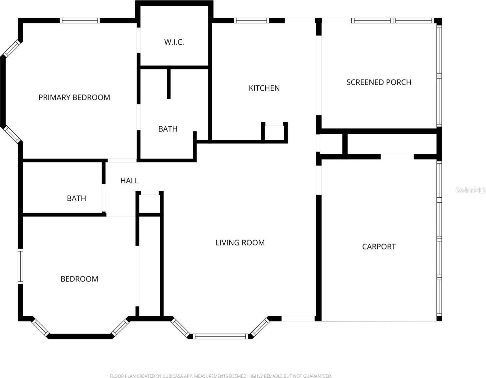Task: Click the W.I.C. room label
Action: [174, 42]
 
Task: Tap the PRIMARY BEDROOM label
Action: [74, 97]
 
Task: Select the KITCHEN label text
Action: [264, 88]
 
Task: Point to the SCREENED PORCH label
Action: [379, 82]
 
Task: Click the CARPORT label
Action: [379, 247]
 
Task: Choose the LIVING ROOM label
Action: [240, 243]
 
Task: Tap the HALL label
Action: [129, 181]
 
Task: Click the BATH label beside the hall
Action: [77, 198]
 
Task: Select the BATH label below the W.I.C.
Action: [168, 129]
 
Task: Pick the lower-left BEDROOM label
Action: [79, 279]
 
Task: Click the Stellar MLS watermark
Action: [470, 190]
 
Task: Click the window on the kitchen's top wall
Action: [251, 21]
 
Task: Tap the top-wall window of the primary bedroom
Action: [80, 21]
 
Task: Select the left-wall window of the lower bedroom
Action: [21, 266]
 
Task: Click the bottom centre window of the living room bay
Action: [221, 336]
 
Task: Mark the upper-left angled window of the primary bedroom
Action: [12, 49]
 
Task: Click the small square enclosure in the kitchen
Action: [275, 132]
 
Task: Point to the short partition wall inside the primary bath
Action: [169, 84]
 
